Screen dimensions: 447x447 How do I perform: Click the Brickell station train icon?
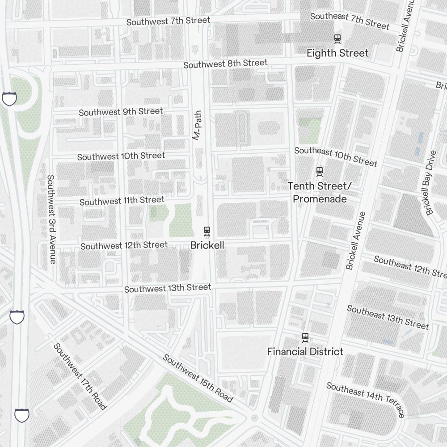pyautogui.click(x=207, y=231)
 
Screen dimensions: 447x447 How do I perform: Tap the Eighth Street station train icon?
pyautogui.click(x=338, y=39)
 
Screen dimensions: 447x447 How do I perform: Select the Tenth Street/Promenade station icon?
pyautogui.click(x=319, y=171)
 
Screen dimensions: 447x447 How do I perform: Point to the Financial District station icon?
pyautogui.click(x=305, y=337)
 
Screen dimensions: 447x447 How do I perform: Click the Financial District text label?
pyautogui.click(x=305, y=352)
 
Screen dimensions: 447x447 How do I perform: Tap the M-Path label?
pyautogui.click(x=197, y=126)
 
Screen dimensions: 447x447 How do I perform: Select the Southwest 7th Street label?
pyautogui.click(x=168, y=21)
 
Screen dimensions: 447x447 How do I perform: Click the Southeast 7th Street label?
pyautogui.click(x=350, y=21)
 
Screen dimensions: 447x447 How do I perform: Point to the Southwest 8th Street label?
pyautogui.click(x=225, y=64)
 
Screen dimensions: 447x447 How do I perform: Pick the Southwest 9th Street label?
pyautogui.click(x=121, y=112)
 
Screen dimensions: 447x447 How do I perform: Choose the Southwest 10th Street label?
pyautogui.click(x=121, y=156)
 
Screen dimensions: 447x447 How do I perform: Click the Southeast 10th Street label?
pyautogui.click(x=335, y=156)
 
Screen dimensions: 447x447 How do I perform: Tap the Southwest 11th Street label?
pyautogui.click(x=122, y=201)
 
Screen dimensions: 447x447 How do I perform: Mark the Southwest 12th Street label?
pyautogui.click(x=124, y=245)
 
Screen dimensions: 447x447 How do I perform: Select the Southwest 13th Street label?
pyautogui.click(x=167, y=288)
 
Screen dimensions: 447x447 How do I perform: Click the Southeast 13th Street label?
pyautogui.click(x=388, y=317)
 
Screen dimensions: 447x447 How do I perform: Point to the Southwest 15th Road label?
pyautogui.click(x=198, y=378)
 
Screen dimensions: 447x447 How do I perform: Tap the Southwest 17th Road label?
pyautogui.click(x=80, y=376)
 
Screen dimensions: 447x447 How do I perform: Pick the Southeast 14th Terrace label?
pyautogui.click(x=365, y=399)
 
